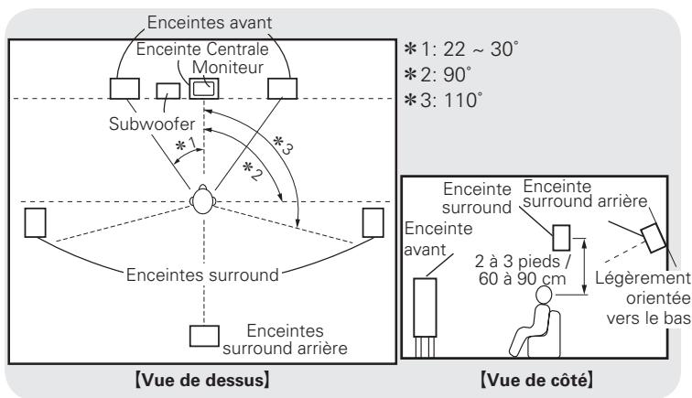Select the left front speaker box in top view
[124, 88]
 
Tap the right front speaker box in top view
[281, 88]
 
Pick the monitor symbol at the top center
[203, 88]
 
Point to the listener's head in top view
[202, 200]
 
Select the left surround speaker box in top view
[36, 222]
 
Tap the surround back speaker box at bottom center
[202, 334]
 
